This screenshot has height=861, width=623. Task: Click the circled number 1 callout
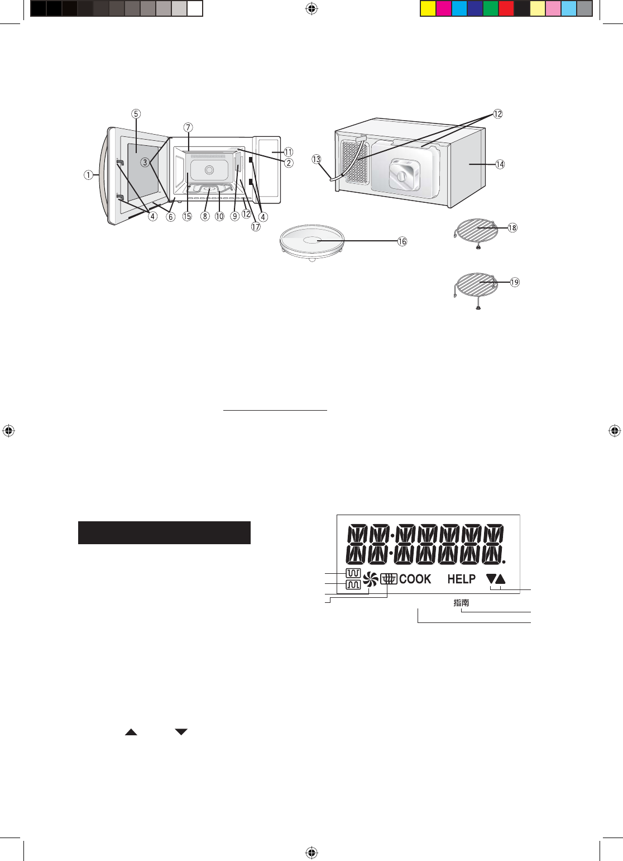tap(88, 175)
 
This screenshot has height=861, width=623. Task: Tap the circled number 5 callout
tap(136, 114)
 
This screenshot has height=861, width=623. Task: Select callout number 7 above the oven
tap(188, 127)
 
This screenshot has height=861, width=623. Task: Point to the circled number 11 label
tap(289, 152)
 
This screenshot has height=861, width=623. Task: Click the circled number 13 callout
tap(316, 159)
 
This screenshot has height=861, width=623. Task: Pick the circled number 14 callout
tap(500, 164)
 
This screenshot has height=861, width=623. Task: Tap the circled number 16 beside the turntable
tap(402, 241)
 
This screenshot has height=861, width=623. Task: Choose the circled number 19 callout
tap(515, 283)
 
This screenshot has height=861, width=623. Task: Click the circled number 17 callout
tap(256, 227)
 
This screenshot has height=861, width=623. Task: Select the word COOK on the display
tap(415, 579)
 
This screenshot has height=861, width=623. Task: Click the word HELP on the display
tap(461, 579)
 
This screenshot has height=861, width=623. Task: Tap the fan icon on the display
tap(371, 579)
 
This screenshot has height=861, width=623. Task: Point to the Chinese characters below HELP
tap(461, 603)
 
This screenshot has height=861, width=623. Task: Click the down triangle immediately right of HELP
tap(491, 579)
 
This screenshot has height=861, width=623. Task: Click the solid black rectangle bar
tap(164, 532)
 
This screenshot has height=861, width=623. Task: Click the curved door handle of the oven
tap(102, 175)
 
